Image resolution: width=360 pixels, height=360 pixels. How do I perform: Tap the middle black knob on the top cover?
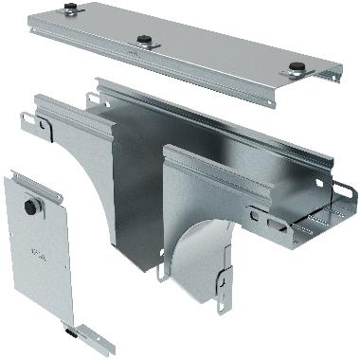tap(145, 40)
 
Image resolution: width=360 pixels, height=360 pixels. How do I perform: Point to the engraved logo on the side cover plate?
tap(37, 253)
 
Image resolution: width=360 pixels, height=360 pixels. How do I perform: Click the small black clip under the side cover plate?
tap(71, 332)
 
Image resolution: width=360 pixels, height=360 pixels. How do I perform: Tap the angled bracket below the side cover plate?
tap(91, 333)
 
